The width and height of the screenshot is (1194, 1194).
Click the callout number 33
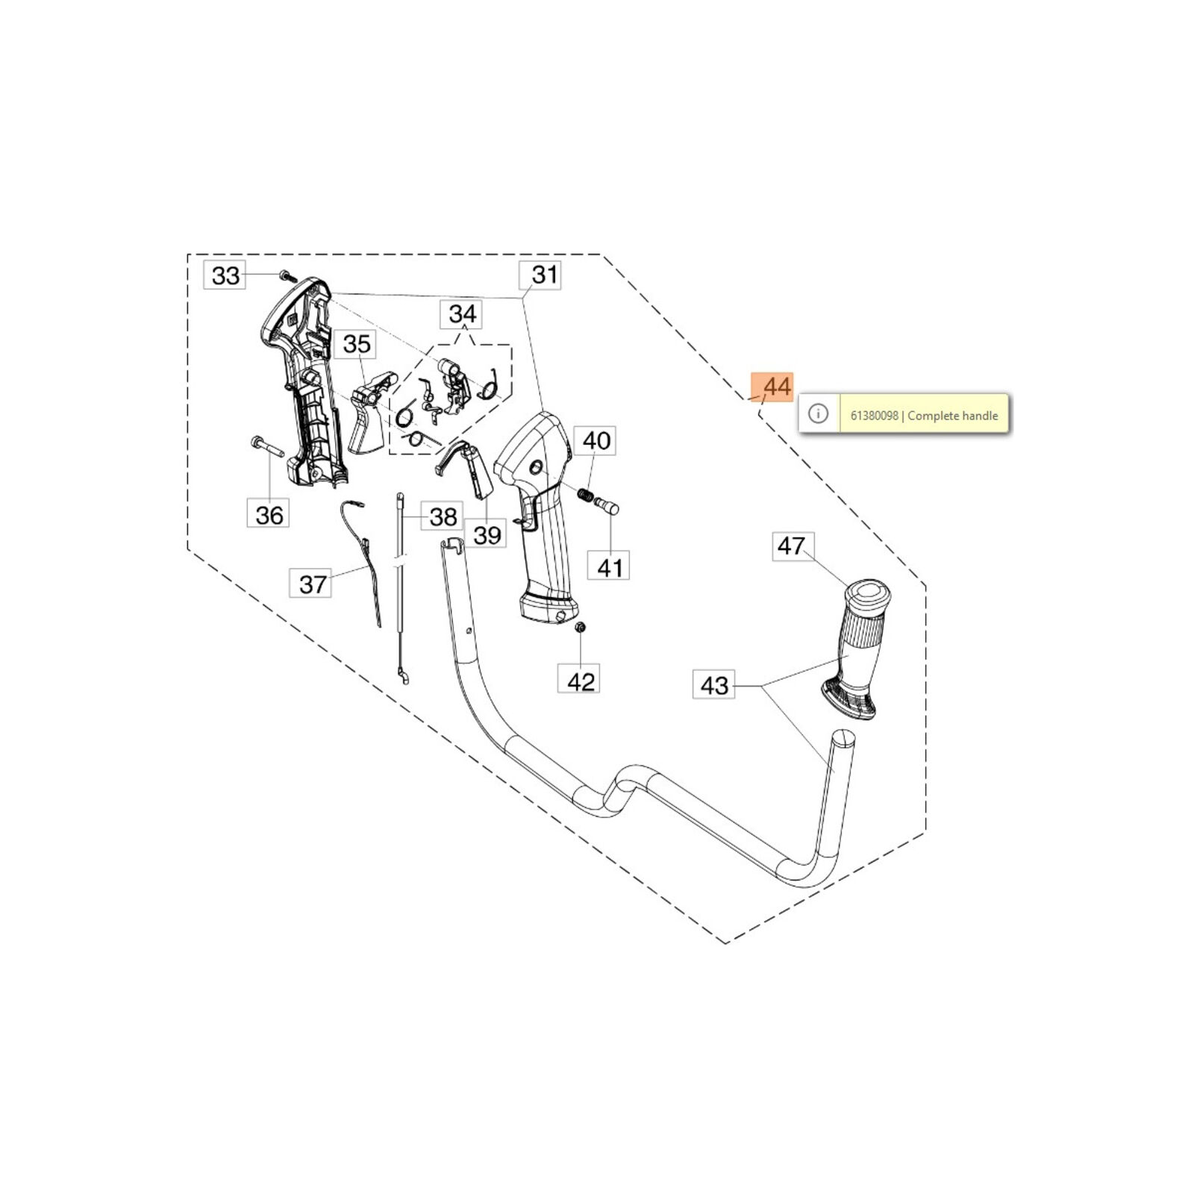point(225,275)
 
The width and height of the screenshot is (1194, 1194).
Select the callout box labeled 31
point(543,275)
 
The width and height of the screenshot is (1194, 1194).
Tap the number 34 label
point(462,314)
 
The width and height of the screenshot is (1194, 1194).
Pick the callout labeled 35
point(356,344)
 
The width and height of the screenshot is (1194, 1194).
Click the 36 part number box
point(269,514)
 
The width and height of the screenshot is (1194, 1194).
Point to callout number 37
point(312,584)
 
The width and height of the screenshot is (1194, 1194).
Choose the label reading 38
point(443,516)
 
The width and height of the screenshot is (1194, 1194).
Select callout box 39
point(487,535)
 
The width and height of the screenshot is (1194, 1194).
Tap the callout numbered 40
point(596,441)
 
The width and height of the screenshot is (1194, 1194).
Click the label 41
point(609,568)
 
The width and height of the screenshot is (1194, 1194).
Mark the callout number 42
point(580,681)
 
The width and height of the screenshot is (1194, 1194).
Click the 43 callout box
point(714,685)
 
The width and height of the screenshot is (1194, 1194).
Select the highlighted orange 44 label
point(773,387)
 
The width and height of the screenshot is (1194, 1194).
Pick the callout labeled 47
point(791,546)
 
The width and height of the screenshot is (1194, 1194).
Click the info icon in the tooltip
point(818,414)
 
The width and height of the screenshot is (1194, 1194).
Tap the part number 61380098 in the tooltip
point(874,416)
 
